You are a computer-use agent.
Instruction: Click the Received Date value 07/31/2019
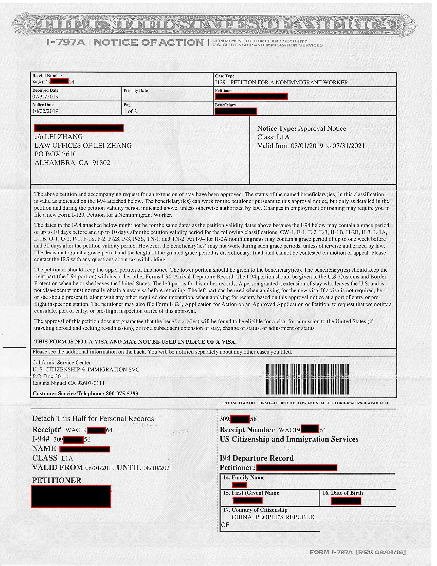(45, 97)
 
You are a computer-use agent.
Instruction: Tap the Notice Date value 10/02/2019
(45, 111)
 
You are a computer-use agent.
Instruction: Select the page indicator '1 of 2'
(130, 111)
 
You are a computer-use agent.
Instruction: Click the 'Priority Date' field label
(135, 90)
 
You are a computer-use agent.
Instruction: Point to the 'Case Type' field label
(224, 76)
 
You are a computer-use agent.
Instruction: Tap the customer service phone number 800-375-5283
(122, 393)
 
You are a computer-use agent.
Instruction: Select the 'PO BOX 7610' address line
(55, 154)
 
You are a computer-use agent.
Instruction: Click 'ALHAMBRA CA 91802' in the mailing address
(72, 163)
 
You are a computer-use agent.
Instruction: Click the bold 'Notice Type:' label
(276, 128)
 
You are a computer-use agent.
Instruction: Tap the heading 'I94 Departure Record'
(257, 458)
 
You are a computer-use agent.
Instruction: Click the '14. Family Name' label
(244, 477)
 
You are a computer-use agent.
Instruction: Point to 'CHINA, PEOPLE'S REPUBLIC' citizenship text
(274, 517)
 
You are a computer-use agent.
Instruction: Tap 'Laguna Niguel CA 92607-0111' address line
(68, 383)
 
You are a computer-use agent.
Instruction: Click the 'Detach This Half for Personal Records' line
(93, 418)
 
